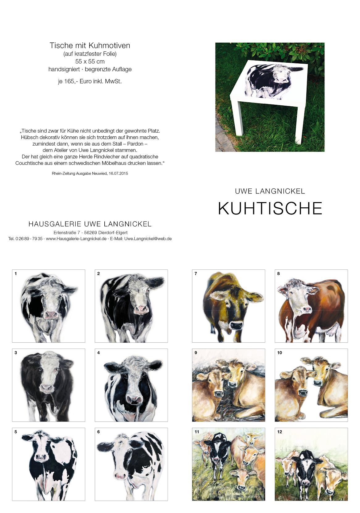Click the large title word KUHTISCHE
(x=270, y=208)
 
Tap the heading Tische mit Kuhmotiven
(x=90, y=45)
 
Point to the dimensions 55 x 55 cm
(x=90, y=61)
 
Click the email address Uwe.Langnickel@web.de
(x=148, y=239)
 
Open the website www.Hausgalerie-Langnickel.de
(x=76, y=239)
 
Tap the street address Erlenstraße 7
(x=67, y=232)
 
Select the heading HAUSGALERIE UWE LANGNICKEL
(x=90, y=224)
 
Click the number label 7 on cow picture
(x=196, y=273)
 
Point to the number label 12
(x=280, y=432)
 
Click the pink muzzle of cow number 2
(x=141, y=309)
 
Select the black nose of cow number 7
(x=237, y=324)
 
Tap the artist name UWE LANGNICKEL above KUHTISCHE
(x=270, y=191)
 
